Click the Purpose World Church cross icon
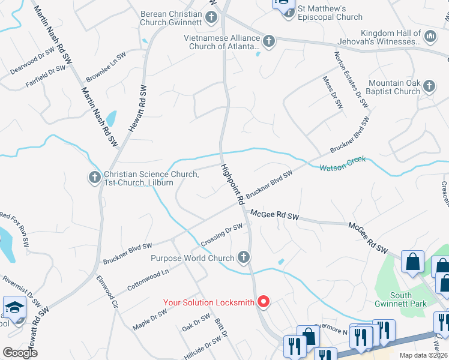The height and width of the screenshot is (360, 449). coord(243,258)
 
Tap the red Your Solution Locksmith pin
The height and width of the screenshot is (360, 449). coord(263,302)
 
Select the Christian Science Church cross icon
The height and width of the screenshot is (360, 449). coord(94,178)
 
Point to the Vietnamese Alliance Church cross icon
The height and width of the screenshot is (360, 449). coord(269,41)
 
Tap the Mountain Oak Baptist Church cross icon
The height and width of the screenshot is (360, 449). coord(429,86)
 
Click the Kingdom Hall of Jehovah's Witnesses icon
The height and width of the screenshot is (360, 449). coord(430,37)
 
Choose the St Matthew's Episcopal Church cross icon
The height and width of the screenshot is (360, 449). coord(288,11)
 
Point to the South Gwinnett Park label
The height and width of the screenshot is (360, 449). coord(409,299)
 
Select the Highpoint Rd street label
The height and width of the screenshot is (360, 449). coord(232,184)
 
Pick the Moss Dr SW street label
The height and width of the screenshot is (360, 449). coord(333,92)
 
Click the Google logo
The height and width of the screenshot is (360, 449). coord(20,353)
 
